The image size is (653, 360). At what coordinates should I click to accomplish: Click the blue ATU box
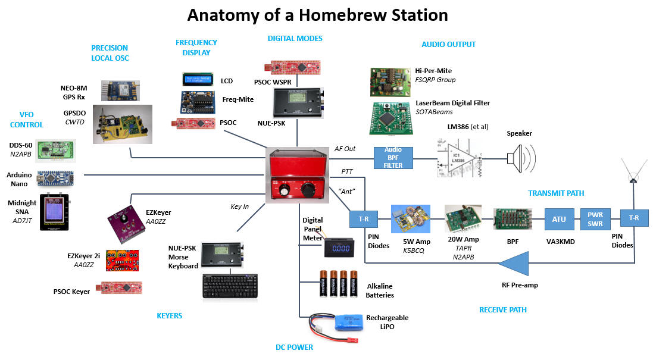pyautogui.click(x=558, y=219)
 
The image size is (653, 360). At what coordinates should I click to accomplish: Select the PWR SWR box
pyautogui.click(x=595, y=218)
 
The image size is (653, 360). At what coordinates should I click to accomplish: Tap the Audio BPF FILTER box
pyautogui.click(x=393, y=158)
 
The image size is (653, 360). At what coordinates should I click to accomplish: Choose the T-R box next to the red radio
pyautogui.click(x=363, y=218)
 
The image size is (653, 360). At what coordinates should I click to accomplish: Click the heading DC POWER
pyautogui.click(x=293, y=347)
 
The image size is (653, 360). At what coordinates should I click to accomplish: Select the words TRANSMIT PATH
pyautogui.click(x=555, y=193)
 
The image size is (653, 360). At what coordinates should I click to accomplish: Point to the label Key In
pyautogui.click(x=239, y=206)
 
